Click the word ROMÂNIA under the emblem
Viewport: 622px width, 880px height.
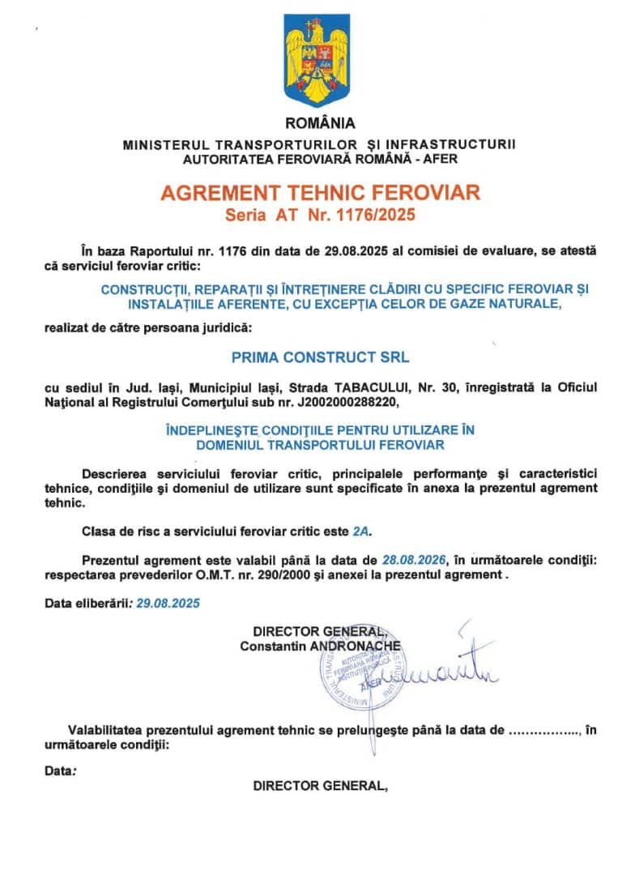pyautogui.click(x=320, y=124)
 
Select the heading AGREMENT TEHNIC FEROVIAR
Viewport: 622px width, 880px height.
pyautogui.click(x=320, y=193)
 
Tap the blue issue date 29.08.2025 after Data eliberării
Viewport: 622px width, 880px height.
pyautogui.click(x=168, y=604)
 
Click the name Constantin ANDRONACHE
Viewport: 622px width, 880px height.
pyautogui.click(x=320, y=646)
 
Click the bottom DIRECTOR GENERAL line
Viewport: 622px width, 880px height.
pyautogui.click(x=320, y=785)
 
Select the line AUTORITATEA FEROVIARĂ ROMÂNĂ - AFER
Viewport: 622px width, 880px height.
pyautogui.click(x=320, y=159)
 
